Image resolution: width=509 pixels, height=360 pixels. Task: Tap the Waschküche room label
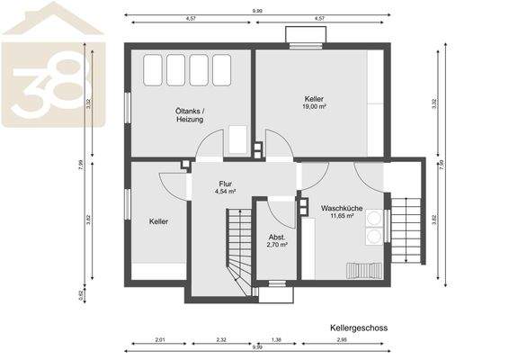[341, 208]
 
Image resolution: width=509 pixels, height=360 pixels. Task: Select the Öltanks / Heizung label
[190, 115]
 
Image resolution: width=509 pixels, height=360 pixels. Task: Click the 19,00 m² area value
[313, 106]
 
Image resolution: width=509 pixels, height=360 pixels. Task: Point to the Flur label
[225, 184]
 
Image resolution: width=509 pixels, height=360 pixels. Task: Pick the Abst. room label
[277, 236]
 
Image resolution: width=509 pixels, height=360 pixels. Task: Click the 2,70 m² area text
[277, 244]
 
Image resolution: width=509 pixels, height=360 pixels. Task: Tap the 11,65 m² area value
[341, 216]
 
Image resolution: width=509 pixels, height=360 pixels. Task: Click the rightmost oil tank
[221, 68]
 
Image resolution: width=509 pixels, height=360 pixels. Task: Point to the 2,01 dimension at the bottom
[160, 339]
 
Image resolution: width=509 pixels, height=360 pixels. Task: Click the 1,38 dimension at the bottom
[277, 339]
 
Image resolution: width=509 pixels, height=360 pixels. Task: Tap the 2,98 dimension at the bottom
[342, 339]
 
